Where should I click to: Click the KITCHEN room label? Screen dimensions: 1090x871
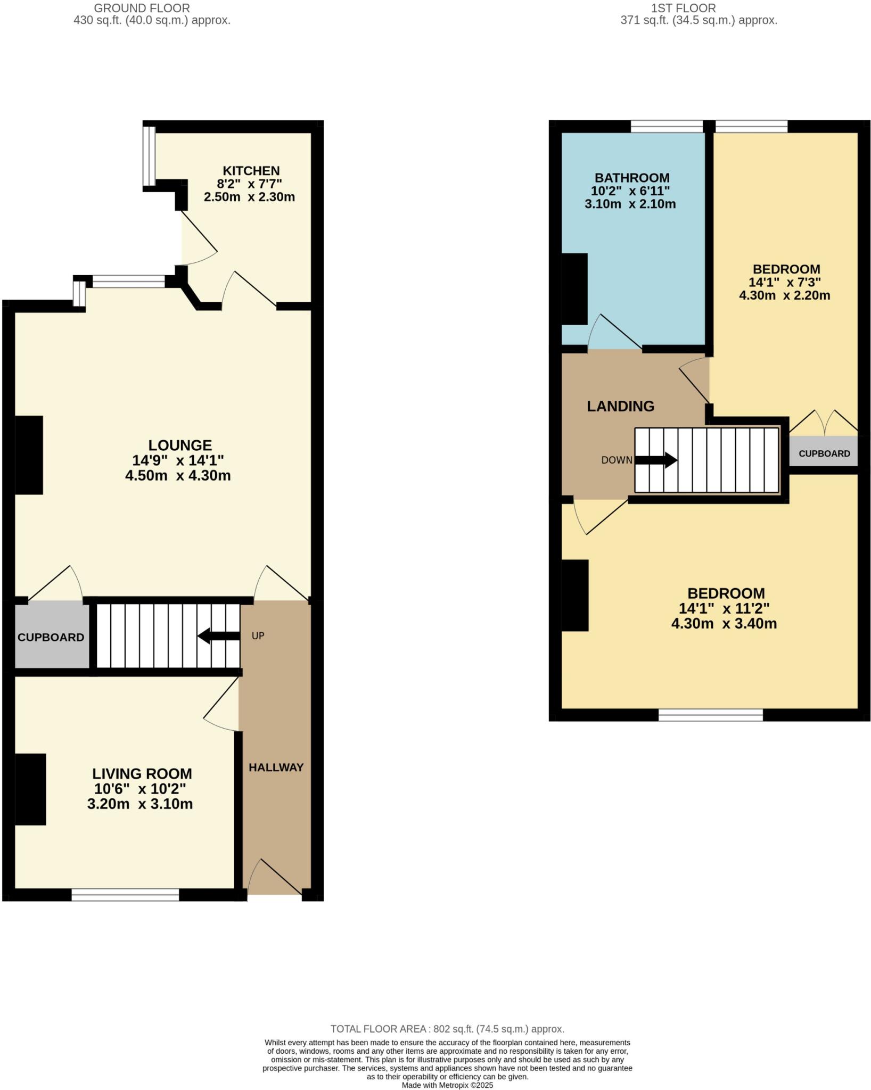tap(251, 171)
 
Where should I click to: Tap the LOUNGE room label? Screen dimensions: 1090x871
tap(180, 445)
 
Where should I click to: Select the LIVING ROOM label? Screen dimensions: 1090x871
tap(142, 773)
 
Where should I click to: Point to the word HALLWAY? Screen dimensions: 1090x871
tap(276, 767)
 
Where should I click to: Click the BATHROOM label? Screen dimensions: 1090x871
tap(631, 178)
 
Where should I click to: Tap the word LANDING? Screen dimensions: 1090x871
tap(620, 406)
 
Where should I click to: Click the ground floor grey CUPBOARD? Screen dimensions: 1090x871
tap(51, 637)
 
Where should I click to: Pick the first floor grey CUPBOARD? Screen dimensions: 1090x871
tap(824, 453)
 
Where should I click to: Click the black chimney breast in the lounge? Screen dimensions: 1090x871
tap(29, 455)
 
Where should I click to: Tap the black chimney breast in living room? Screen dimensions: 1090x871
tap(30, 789)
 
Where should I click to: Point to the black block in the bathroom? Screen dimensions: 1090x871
tap(575, 288)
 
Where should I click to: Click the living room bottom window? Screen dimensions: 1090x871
tap(125, 895)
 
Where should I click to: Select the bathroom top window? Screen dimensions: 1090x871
tap(667, 127)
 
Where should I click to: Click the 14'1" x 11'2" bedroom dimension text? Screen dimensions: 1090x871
tap(724, 608)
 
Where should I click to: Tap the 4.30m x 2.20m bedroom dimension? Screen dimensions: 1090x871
tap(784, 295)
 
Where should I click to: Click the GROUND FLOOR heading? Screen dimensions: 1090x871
tap(142, 8)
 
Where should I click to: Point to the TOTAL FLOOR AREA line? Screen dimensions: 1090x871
tap(447, 1029)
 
